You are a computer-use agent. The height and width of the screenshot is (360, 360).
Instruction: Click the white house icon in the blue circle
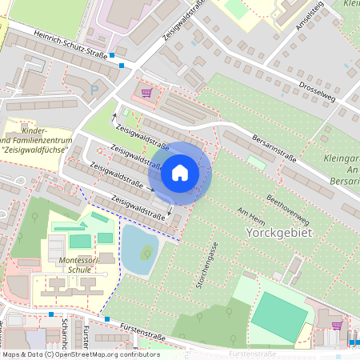tap(180, 172)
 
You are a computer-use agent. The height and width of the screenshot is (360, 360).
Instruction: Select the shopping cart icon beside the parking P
tap(146, 92)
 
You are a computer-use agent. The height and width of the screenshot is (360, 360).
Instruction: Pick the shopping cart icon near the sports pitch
tap(337, 326)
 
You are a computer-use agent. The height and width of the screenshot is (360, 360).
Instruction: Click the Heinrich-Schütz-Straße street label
tap(71, 42)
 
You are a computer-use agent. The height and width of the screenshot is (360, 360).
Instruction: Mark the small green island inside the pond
tap(146, 255)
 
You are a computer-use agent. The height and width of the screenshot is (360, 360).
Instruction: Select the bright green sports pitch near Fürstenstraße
tap(279, 315)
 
